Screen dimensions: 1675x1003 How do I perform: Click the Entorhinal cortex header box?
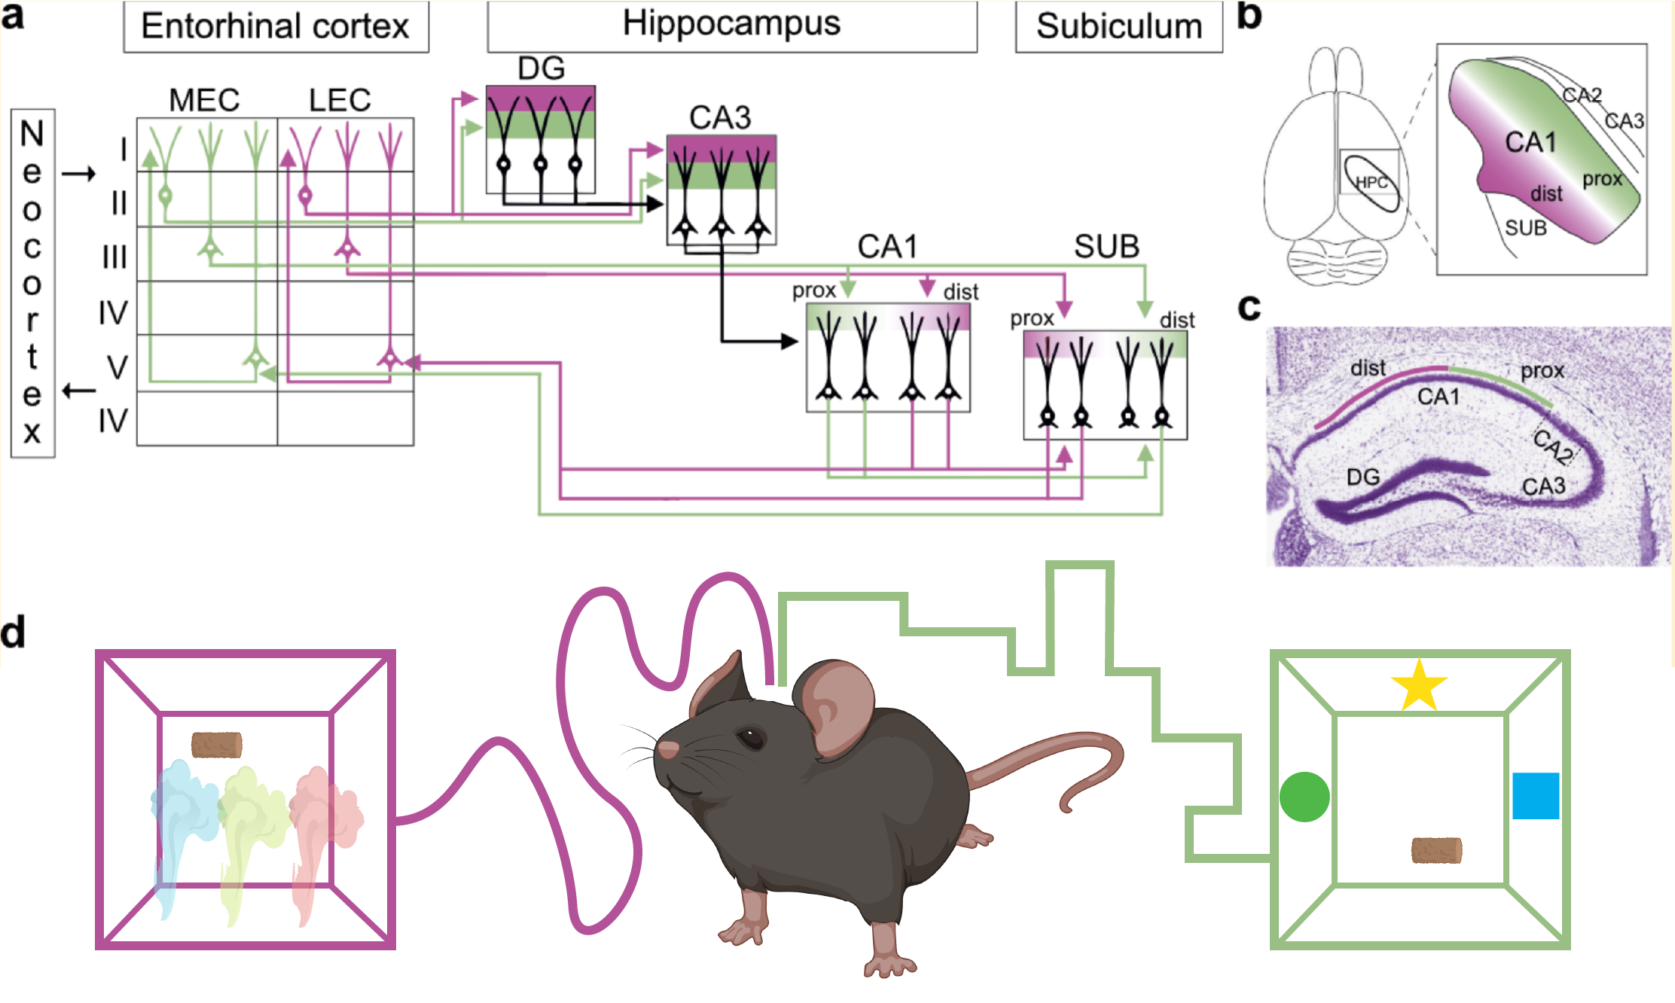pos(276,27)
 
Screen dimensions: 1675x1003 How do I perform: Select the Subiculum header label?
pos(1119,27)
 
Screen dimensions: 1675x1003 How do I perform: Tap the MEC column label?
pos(204,100)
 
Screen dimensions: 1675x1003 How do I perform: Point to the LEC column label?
pos(340,100)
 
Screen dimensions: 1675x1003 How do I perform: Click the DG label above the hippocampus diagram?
pos(541,69)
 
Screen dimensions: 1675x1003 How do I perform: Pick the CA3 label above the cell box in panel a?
pos(720,117)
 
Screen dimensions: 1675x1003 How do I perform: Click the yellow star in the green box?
pos(1419,685)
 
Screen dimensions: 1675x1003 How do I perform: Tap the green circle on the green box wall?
pos(1304,797)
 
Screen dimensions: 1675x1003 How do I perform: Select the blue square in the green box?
pos(1536,796)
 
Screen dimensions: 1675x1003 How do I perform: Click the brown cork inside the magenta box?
pos(217,745)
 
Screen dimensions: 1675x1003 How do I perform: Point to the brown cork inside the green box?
pos(1436,850)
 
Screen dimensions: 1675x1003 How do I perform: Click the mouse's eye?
pos(751,738)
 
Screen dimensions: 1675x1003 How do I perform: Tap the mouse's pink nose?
pos(668,749)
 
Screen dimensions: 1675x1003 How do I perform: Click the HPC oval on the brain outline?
pos(1371,182)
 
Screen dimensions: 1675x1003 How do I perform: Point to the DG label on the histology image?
pos(1363,477)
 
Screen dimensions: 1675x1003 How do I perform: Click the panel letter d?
pos(13,631)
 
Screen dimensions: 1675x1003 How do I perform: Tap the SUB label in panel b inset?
pos(1526,227)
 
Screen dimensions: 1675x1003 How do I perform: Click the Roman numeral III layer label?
pos(114,258)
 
